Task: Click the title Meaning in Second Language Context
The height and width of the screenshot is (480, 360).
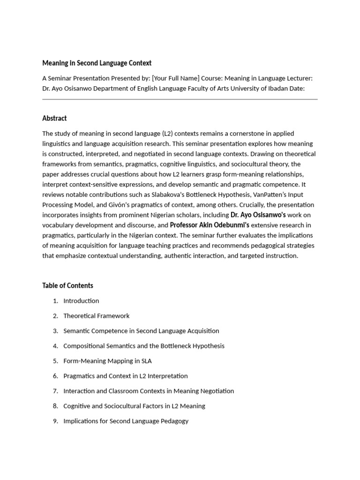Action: [x=97, y=63]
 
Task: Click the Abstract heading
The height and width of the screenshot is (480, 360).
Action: [x=54, y=118]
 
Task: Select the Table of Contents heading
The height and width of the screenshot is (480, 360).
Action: [x=67, y=285]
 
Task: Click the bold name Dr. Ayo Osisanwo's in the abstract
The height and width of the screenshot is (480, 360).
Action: [x=258, y=215]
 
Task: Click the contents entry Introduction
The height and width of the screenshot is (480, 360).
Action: [x=81, y=301]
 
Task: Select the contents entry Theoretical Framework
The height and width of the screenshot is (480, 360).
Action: [x=96, y=316]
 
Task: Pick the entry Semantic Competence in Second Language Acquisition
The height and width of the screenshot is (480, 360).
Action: [x=141, y=331]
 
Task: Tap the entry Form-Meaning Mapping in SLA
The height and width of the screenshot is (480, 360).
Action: [x=107, y=361]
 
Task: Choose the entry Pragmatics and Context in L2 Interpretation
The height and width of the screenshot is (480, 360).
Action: [x=125, y=376]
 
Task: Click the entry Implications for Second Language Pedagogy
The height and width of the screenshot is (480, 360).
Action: [x=126, y=421]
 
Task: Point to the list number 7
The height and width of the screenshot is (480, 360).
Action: [x=55, y=391]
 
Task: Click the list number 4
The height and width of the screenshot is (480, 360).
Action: [x=55, y=346]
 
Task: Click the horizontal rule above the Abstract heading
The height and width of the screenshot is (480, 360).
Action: [x=180, y=99]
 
